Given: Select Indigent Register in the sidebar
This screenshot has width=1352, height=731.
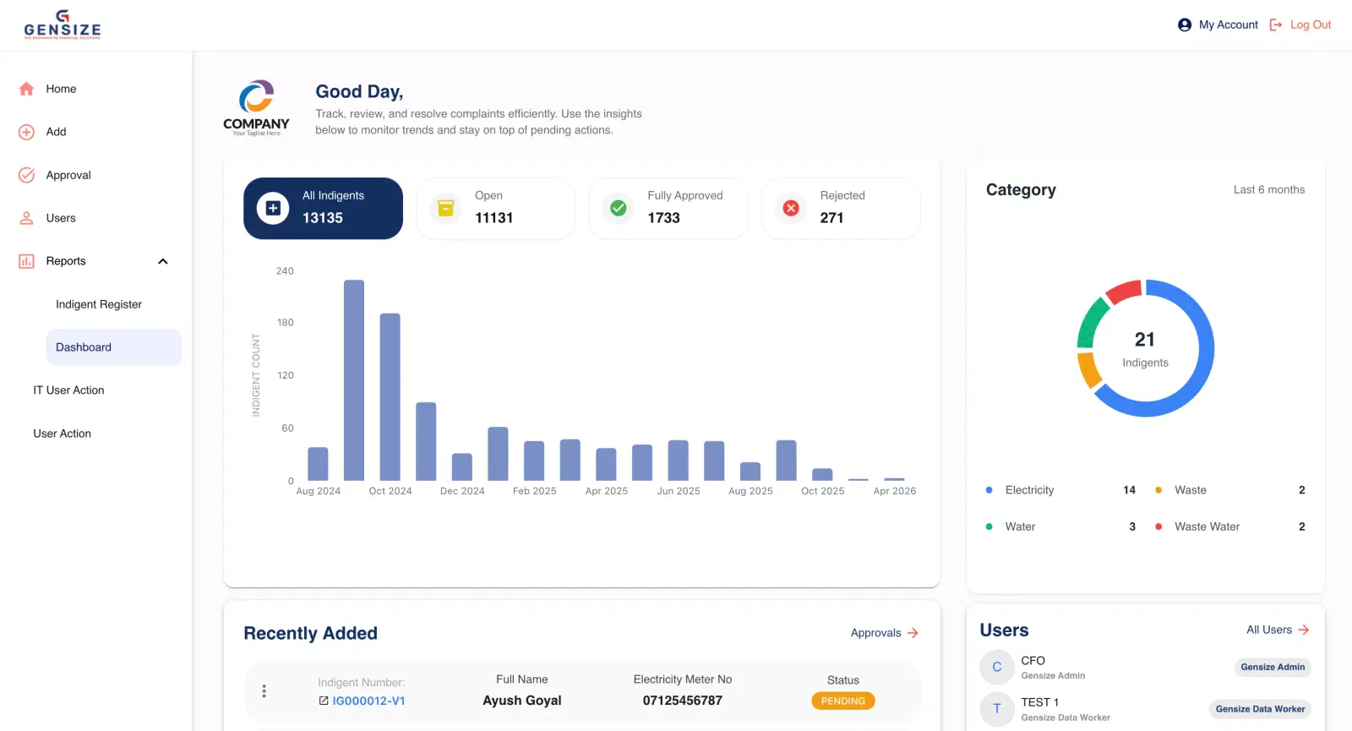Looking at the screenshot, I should click(x=99, y=304).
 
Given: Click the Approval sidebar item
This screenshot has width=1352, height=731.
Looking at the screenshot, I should click(x=68, y=175).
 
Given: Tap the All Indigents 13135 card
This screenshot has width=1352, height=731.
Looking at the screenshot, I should click(x=323, y=208).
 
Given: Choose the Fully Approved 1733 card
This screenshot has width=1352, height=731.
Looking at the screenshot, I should click(x=668, y=208).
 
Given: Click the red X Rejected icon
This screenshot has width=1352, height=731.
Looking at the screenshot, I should click(x=791, y=208).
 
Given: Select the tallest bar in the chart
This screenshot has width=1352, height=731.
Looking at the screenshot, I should click(x=354, y=380).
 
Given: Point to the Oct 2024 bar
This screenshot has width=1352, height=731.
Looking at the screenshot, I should click(x=390, y=397).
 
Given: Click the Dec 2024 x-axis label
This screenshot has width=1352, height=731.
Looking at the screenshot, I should click(x=462, y=491).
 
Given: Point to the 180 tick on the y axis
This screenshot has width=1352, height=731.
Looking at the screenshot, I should click(x=286, y=323).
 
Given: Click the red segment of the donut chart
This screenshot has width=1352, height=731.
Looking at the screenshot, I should click(x=1125, y=292).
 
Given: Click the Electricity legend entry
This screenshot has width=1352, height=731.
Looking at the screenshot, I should click(x=1029, y=490).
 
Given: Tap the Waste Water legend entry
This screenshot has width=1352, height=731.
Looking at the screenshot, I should click(x=1207, y=526).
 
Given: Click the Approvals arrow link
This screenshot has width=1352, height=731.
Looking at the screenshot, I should click(x=884, y=633).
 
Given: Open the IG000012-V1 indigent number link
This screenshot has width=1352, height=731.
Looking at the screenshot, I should click(x=368, y=701).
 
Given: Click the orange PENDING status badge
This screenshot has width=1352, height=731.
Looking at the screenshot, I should click(x=842, y=701).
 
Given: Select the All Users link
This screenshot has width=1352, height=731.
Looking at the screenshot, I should click(x=1277, y=630).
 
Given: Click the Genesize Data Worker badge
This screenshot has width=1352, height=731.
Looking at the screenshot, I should click(x=1260, y=709).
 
